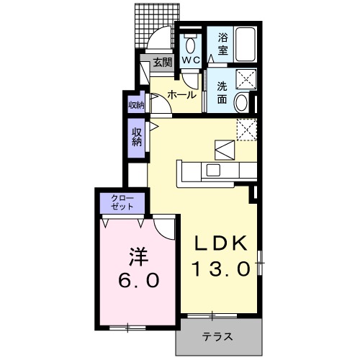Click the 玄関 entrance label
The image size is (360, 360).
[x=163, y=63]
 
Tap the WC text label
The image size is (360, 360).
[x=190, y=60]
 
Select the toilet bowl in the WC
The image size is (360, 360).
[x=191, y=42]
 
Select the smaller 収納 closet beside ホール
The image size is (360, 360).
[x=135, y=104]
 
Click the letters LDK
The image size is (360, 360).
[x=221, y=242]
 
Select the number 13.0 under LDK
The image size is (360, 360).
[x=221, y=269]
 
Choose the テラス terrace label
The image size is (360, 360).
[x=216, y=336]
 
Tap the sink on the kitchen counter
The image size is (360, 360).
[x=214, y=170]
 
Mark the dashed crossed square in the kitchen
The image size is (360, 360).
[x=248, y=129]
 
